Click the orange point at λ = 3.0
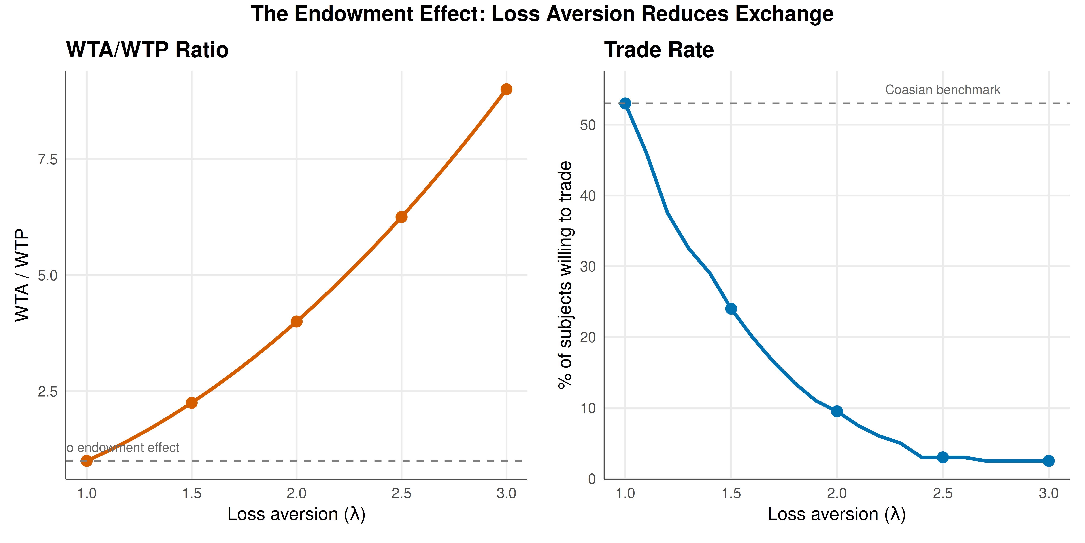pyautogui.click(x=506, y=89)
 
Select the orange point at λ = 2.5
pyautogui.click(x=401, y=217)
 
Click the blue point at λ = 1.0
pyautogui.click(x=626, y=103)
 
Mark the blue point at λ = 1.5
pyautogui.click(x=731, y=309)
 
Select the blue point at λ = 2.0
pyautogui.click(x=837, y=411)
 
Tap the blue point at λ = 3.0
pyautogui.click(x=1049, y=461)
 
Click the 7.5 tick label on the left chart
pyautogui.click(x=48, y=159)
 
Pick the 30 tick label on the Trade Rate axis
pyautogui.click(x=588, y=266)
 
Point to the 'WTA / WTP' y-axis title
pyautogui.click(x=22, y=275)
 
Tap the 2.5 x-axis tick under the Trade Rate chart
pyautogui.click(x=943, y=493)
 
